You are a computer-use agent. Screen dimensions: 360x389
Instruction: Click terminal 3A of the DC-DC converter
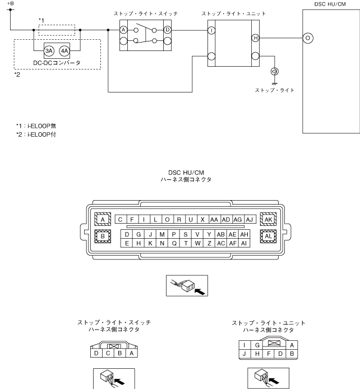point(49,51)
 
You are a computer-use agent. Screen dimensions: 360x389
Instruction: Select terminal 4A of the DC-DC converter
point(64,51)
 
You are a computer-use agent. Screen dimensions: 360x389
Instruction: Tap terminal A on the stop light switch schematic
point(123,30)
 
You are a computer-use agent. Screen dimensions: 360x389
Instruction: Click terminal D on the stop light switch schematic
point(168,30)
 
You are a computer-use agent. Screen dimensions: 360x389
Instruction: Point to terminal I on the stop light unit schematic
point(211,30)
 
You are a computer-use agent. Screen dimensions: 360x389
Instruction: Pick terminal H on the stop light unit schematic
point(255,38)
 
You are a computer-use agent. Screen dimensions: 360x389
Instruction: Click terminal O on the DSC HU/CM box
point(308,38)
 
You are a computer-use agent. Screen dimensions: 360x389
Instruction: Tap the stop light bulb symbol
point(274,71)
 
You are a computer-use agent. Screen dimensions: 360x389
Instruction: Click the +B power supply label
point(11,3)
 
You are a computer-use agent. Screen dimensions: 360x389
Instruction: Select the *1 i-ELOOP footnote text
point(36,126)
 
